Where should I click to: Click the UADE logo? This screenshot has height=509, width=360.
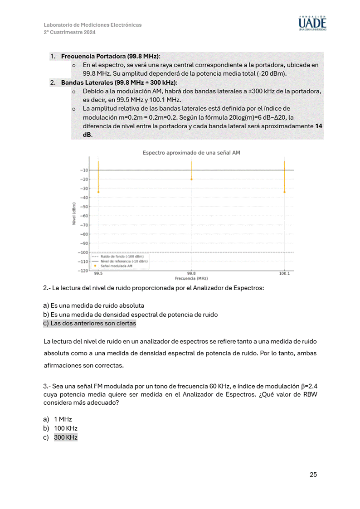pyautogui.click(x=312, y=23)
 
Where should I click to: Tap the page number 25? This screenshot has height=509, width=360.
pyautogui.click(x=313, y=475)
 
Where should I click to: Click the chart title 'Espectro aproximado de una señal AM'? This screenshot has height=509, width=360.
pyautogui.click(x=191, y=153)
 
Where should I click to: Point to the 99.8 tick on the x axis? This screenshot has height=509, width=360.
pyautogui.click(x=191, y=274)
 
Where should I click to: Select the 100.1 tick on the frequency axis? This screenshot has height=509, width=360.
pyautogui.click(x=284, y=274)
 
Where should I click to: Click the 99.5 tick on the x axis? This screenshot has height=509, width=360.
pyautogui.click(x=98, y=274)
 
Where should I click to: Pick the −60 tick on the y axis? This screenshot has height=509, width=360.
pyautogui.click(x=84, y=216)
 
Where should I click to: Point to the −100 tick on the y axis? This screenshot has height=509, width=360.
pyautogui.click(x=83, y=252)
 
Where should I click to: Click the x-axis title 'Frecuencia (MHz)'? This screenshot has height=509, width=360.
pyautogui.click(x=191, y=278)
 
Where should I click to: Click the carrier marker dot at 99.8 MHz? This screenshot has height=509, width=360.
pyautogui.click(x=191, y=179)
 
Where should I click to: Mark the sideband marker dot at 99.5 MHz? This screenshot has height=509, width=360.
pyautogui.click(x=98, y=192)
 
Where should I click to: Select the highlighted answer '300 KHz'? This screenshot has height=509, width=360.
pyautogui.click(x=66, y=437)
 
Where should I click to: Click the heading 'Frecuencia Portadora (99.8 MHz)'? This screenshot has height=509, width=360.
pyautogui.click(x=110, y=56)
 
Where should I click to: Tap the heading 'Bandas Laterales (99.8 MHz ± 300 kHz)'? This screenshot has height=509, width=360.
pyautogui.click(x=119, y=82)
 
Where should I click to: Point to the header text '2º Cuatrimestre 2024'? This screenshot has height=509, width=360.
pyautogui.click(x=69, y=33)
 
